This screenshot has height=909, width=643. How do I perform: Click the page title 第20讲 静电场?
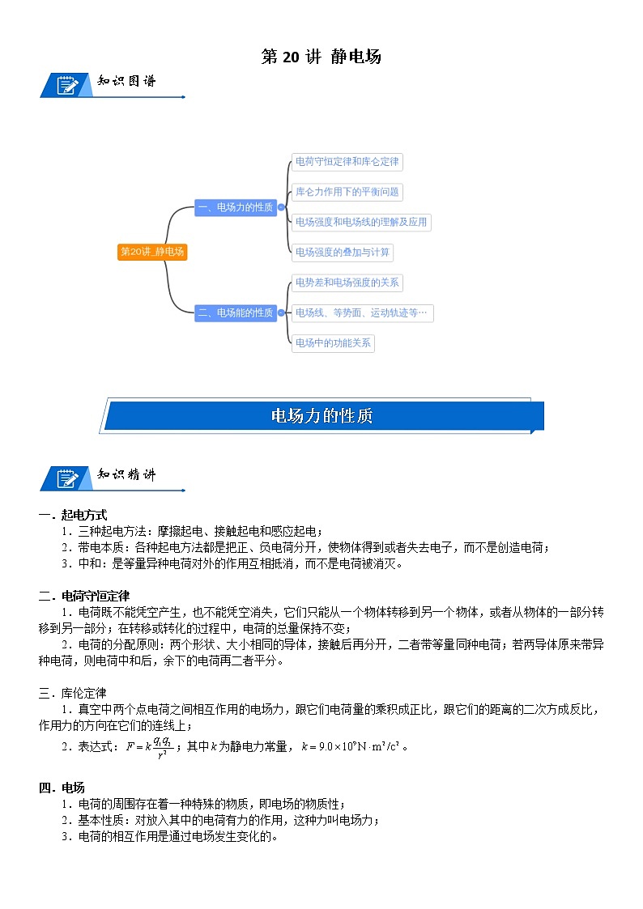[x=321, y=57]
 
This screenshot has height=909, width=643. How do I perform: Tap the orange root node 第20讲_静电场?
[x=152, y=252]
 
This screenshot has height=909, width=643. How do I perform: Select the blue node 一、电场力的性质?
[x=235, y=207]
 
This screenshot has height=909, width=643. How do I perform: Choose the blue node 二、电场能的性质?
[x=235, y=312]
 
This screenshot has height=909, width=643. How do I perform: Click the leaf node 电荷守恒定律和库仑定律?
[x=347, y=161]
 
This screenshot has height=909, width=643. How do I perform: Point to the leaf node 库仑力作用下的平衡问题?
[x=347, y=192]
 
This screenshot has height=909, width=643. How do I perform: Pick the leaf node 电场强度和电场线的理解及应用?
[x=360, y=222]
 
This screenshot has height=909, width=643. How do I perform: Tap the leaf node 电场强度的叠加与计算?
[x=342, y=252]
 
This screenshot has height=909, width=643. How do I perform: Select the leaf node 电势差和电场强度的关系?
[x=347, y=282]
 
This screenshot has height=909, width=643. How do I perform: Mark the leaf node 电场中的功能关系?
[x=333, y=342]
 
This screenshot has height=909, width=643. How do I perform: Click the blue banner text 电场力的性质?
[x=321, y=416]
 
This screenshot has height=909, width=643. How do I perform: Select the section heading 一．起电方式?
[x=73, y=515]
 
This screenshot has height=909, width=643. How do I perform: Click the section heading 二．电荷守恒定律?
[x=79, y=596]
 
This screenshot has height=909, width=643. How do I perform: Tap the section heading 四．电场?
[x=62, y=788]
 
